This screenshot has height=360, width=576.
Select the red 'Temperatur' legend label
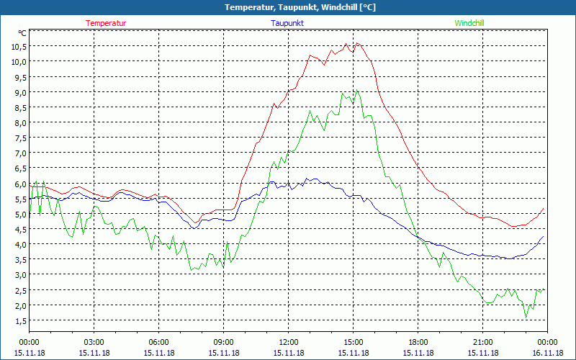106,23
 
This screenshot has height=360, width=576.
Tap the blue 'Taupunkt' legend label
287,23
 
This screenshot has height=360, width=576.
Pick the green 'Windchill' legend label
469,23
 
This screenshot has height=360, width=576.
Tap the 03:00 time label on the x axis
94,342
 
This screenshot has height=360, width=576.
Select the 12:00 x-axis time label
289,342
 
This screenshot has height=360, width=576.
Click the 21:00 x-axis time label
483,342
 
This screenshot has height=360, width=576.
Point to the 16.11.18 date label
547,353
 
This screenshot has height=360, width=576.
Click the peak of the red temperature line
357,43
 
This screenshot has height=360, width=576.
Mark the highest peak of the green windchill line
356,91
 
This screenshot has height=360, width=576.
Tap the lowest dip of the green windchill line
526,318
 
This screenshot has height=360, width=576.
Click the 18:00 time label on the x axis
418,342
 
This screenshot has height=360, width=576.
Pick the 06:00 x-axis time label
159,342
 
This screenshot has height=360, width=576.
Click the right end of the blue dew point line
544,236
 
